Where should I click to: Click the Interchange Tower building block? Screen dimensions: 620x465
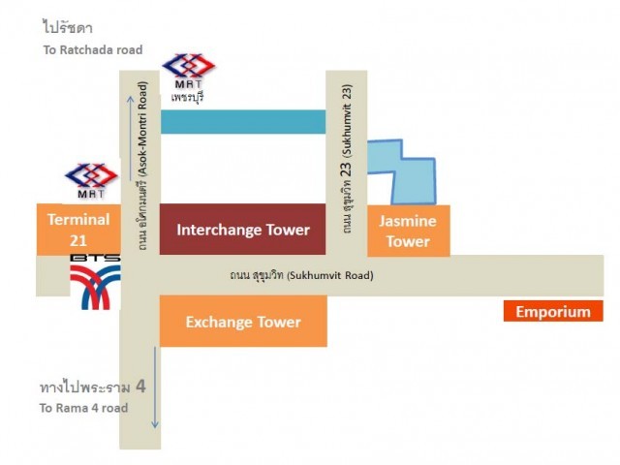pos(242,230)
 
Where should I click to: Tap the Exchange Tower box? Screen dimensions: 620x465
pos(243,321)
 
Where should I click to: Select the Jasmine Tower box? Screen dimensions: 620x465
pos(409,231)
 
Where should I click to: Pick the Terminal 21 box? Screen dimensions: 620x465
pos(78,230)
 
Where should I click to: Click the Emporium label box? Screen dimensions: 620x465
pos(553,311)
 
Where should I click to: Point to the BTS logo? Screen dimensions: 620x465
pos(95,282)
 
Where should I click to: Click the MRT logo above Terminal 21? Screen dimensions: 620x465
pos(91,180)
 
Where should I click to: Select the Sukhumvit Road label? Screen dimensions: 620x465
pos(301,275)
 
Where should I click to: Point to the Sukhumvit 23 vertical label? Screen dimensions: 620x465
pos(347,159)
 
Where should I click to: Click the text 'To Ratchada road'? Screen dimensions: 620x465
pos(93,49)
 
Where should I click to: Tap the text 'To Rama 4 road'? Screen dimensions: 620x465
pos(83,408)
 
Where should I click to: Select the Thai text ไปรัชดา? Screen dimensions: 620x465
pos(67,28)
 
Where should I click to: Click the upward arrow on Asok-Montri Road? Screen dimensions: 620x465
pos(130,139)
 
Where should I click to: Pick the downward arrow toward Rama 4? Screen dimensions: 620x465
pos(155,387)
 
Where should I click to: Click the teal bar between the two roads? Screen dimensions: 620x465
pos(243,122)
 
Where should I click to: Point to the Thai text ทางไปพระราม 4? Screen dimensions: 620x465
pos(93,387)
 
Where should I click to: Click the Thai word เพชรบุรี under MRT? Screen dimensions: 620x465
pos(187,97)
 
